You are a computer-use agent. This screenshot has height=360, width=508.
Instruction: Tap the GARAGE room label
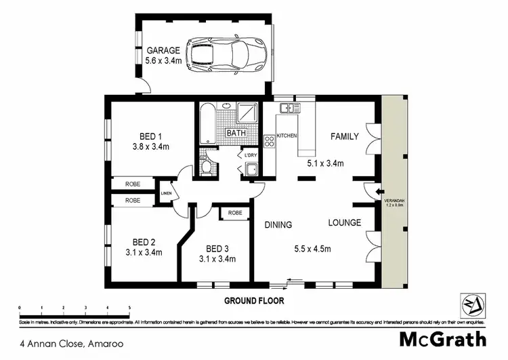coord(163,49)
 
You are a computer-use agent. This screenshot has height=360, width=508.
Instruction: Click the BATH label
coord(236,133)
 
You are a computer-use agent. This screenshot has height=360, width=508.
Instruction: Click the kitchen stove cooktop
coord(268,142)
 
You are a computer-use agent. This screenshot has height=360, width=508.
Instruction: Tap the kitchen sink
coord(290,108)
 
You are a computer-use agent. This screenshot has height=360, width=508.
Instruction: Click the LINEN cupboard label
coord(166,195)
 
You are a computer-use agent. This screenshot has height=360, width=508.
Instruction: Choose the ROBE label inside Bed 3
coord(234,212)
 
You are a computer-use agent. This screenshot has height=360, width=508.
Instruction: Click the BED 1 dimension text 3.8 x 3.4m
coord(150,146)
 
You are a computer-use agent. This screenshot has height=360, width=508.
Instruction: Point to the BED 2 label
coord(144,242)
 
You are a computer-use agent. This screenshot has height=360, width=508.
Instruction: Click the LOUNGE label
coord(344,222)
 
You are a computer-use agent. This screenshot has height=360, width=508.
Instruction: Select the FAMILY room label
coord(344,136)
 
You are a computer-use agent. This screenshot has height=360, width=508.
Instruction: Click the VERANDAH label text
coord(394,201)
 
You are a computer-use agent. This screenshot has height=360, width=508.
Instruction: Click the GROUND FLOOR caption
coord(254,300)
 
